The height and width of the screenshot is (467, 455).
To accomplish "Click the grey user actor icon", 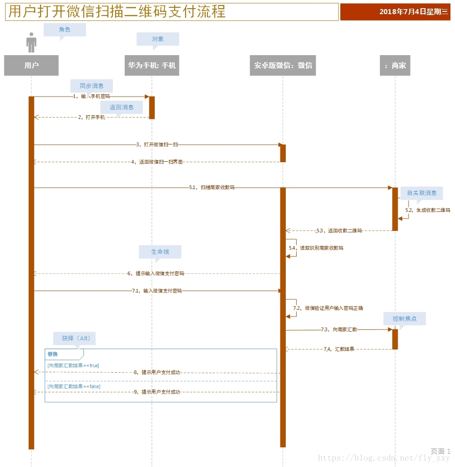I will click(x=31, y=42).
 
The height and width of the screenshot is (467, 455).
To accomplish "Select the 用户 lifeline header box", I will click(x=31, y=65).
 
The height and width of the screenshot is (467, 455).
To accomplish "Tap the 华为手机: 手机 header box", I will click(x=152, y=65).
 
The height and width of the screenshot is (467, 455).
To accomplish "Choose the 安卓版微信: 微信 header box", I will click(x=283, y=65).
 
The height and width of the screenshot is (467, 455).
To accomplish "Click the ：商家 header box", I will click(x=395, y=65).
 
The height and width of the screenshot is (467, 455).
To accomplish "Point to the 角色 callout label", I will click(x=65, y=30).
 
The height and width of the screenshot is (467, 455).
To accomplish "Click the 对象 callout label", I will click(x=158, y=39).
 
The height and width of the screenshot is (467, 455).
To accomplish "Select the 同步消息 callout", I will click(x=91, y=86).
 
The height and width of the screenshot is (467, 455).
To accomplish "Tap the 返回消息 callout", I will click(x=121, y=108).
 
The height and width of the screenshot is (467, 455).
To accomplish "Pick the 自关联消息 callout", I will click(x=422, y=193).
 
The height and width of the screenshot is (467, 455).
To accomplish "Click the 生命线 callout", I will click(x=160, y=251).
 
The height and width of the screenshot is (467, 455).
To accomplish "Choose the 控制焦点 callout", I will click(x=404, y=318).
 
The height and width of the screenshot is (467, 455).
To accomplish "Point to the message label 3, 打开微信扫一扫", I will click(x=157, y=144).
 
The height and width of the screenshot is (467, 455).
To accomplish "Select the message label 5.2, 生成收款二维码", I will click(x=428, y=210).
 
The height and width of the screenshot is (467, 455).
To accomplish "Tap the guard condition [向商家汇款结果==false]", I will click(x=74, y=386).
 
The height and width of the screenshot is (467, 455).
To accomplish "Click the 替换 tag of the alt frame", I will click(x=53, y=354).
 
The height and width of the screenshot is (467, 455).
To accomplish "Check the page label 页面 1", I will click(x=440, y=451).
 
